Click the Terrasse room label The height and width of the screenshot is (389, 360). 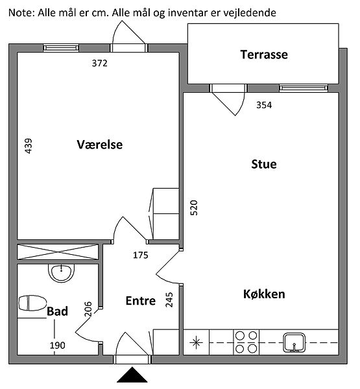click(x=264, y=54)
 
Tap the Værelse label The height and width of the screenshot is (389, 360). click(x=99, y=145)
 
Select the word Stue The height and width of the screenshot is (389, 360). click(x=264, y=164)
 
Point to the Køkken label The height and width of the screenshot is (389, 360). click(x=264, y=294)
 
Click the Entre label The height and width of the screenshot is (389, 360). click(x=141, y=301)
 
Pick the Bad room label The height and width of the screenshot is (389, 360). click(x=57, y=311)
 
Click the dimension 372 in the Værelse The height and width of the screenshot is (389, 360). click(x=99, y=64)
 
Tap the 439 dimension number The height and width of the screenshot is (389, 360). click(x=29, y=146)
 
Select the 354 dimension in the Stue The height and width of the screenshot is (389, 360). click(x=264, y=105)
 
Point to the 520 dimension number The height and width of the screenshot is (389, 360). click(x=194, y=207)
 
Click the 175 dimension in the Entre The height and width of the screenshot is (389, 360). click(x=141, y=255)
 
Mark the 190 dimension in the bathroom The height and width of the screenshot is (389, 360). click(x=57, y=346)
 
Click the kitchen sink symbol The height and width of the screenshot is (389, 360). click(x=294, y=342)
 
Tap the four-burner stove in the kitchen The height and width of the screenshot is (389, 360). click(x=246, y=342)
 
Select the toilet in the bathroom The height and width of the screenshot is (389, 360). click(x=32, y=303)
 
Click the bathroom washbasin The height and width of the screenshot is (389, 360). click(x=61, y=273)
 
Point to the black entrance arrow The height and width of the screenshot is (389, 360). click(x=132, y=375)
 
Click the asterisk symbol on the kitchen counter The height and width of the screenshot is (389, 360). click(x=196, y=342)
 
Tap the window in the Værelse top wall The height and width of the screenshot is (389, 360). click(x=61, y=48)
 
